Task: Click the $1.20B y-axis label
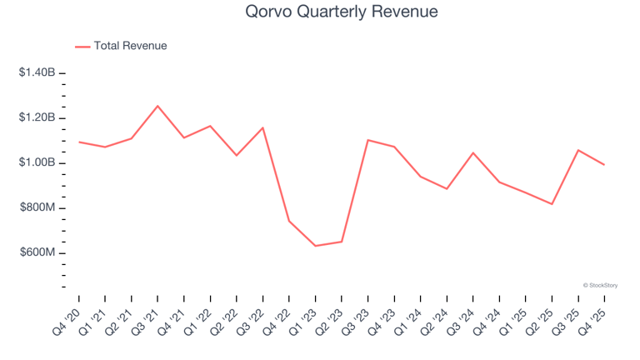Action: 37,118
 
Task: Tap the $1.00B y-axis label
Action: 37,162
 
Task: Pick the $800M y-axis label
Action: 37,207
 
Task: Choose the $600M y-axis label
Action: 37,252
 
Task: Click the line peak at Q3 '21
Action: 157,106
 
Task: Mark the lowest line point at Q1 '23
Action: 315,246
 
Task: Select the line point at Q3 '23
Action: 367,140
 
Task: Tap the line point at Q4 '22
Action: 289,221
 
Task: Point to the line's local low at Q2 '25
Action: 552,204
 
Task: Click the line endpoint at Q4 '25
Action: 604,164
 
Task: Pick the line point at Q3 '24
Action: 472,152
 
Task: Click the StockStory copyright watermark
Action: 600,285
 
